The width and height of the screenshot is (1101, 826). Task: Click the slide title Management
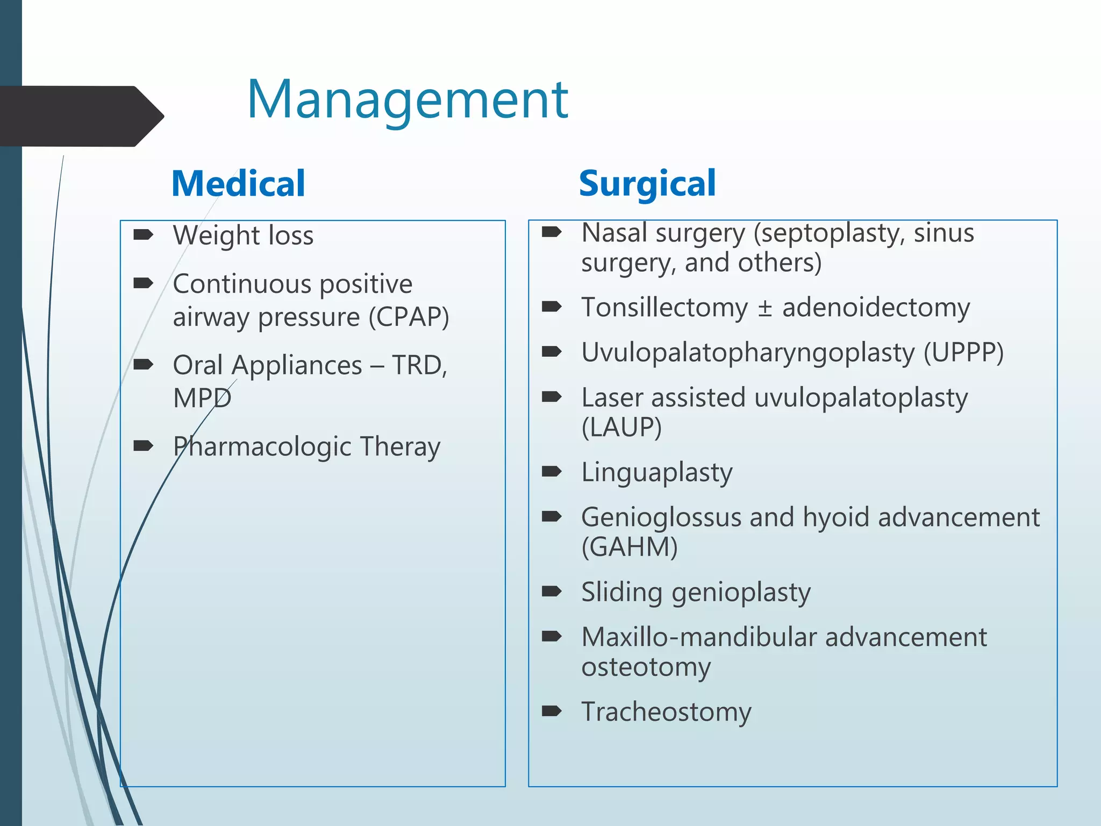pyautogui.click(x=407, y=99)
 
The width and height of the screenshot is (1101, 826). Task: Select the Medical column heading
pyautogui.click(x=238, y=184)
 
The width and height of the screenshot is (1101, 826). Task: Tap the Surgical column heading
pyautogui.click(x=647, y=184)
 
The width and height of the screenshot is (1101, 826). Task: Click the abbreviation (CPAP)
pyautogui.click(x=409, y=317)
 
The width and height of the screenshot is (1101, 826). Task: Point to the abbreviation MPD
pyautogui.click(x=202, y=398)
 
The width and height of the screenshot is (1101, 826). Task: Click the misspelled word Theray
pyautogui.click(x=400, y=447)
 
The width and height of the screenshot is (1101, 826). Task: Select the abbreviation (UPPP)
pyautogui.click(x=963, y=353)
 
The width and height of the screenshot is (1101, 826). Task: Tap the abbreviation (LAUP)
pyautogui.click(x=621, y=428)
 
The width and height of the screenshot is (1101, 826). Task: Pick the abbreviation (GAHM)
pyautogui.click(x=630, y=547)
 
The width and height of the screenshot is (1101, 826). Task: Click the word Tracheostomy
pyautogui.click(x=666, y=712)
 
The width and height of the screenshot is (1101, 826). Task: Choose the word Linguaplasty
pyautogui.click(x=657, y=473)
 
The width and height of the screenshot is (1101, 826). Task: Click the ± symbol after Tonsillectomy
pyautogui.click(x=764, y=308)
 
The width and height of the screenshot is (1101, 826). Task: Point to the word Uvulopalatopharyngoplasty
pyautogui.click(x=748, y=353)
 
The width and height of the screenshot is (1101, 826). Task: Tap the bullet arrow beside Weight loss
pyautogui.click(x=143, y=234)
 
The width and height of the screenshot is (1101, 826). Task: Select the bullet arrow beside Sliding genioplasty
pyautogui.click(x=552, y=592)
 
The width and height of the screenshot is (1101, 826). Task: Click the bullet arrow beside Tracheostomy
pyautogui.click(x=552, y=711)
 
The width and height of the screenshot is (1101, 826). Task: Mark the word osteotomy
pyautogui.click(x=646, y=667)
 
